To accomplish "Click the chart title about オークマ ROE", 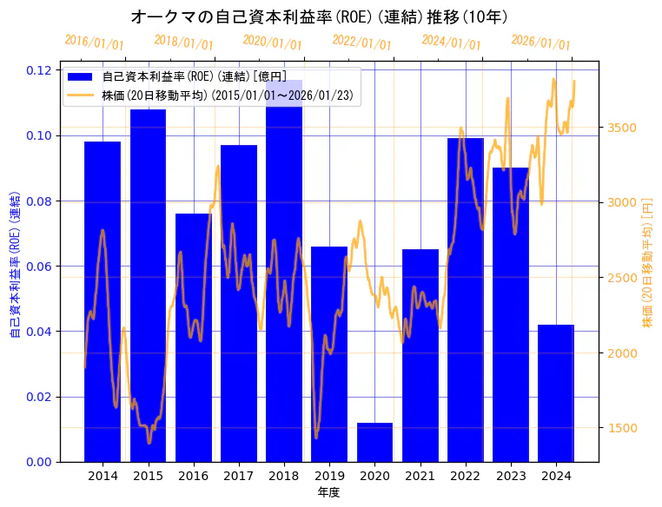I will tap(319, 16).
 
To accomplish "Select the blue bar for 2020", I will tap(374, 442).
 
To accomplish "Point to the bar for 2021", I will tap(420, 355).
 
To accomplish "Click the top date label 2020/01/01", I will tap(273, 42).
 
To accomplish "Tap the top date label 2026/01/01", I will tap(541, 42).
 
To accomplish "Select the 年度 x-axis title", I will tap(328, 492).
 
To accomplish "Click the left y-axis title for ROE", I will tap(15, 260).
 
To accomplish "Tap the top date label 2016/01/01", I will tap(94, 42).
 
